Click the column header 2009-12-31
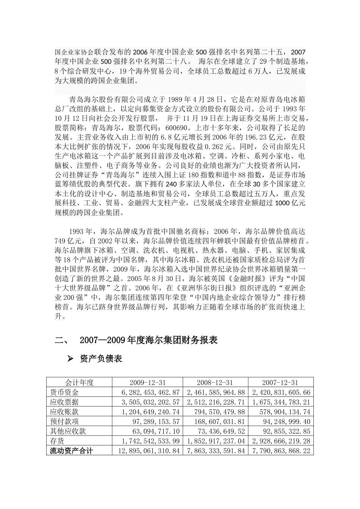click(148, 383)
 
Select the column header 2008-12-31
click(215, 383)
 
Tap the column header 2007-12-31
click(280, 383)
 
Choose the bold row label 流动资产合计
click(72, 450)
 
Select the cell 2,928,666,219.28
click(281, 441)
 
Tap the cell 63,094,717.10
click(156, 431)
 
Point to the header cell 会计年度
click(79, 383)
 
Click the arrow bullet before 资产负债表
click(70, 359)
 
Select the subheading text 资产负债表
click(101, 359)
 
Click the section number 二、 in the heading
click(62, 340)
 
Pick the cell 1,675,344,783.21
click(281, 402)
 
